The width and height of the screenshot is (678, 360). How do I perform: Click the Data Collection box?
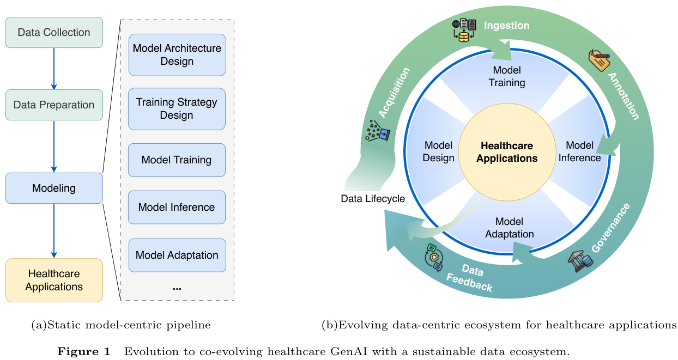click(54, 33)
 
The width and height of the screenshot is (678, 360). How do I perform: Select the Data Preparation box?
click(54, 105)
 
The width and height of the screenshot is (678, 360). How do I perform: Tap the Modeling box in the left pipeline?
click(54, 188)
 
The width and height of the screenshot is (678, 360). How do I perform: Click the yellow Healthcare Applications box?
click(54, 280)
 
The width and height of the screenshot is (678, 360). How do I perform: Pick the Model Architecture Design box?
click(177, 54)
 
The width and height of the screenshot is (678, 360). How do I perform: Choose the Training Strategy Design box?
click(177, 109)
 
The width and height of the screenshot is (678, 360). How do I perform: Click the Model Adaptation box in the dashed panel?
click(177, 255)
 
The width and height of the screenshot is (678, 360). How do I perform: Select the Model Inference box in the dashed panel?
click(177, 207)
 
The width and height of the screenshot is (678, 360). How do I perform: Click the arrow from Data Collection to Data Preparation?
click(54, 69)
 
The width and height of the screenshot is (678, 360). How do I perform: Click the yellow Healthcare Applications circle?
click(507, 152)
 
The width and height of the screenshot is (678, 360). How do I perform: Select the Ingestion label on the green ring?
click(507, 26)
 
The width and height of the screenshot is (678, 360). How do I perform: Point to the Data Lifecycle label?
click(373, 199)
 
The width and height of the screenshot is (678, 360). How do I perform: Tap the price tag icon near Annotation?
click(598, 60)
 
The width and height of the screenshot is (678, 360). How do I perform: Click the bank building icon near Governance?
click(579, 261)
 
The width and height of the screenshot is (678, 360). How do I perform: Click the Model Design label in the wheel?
click(439, 151)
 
